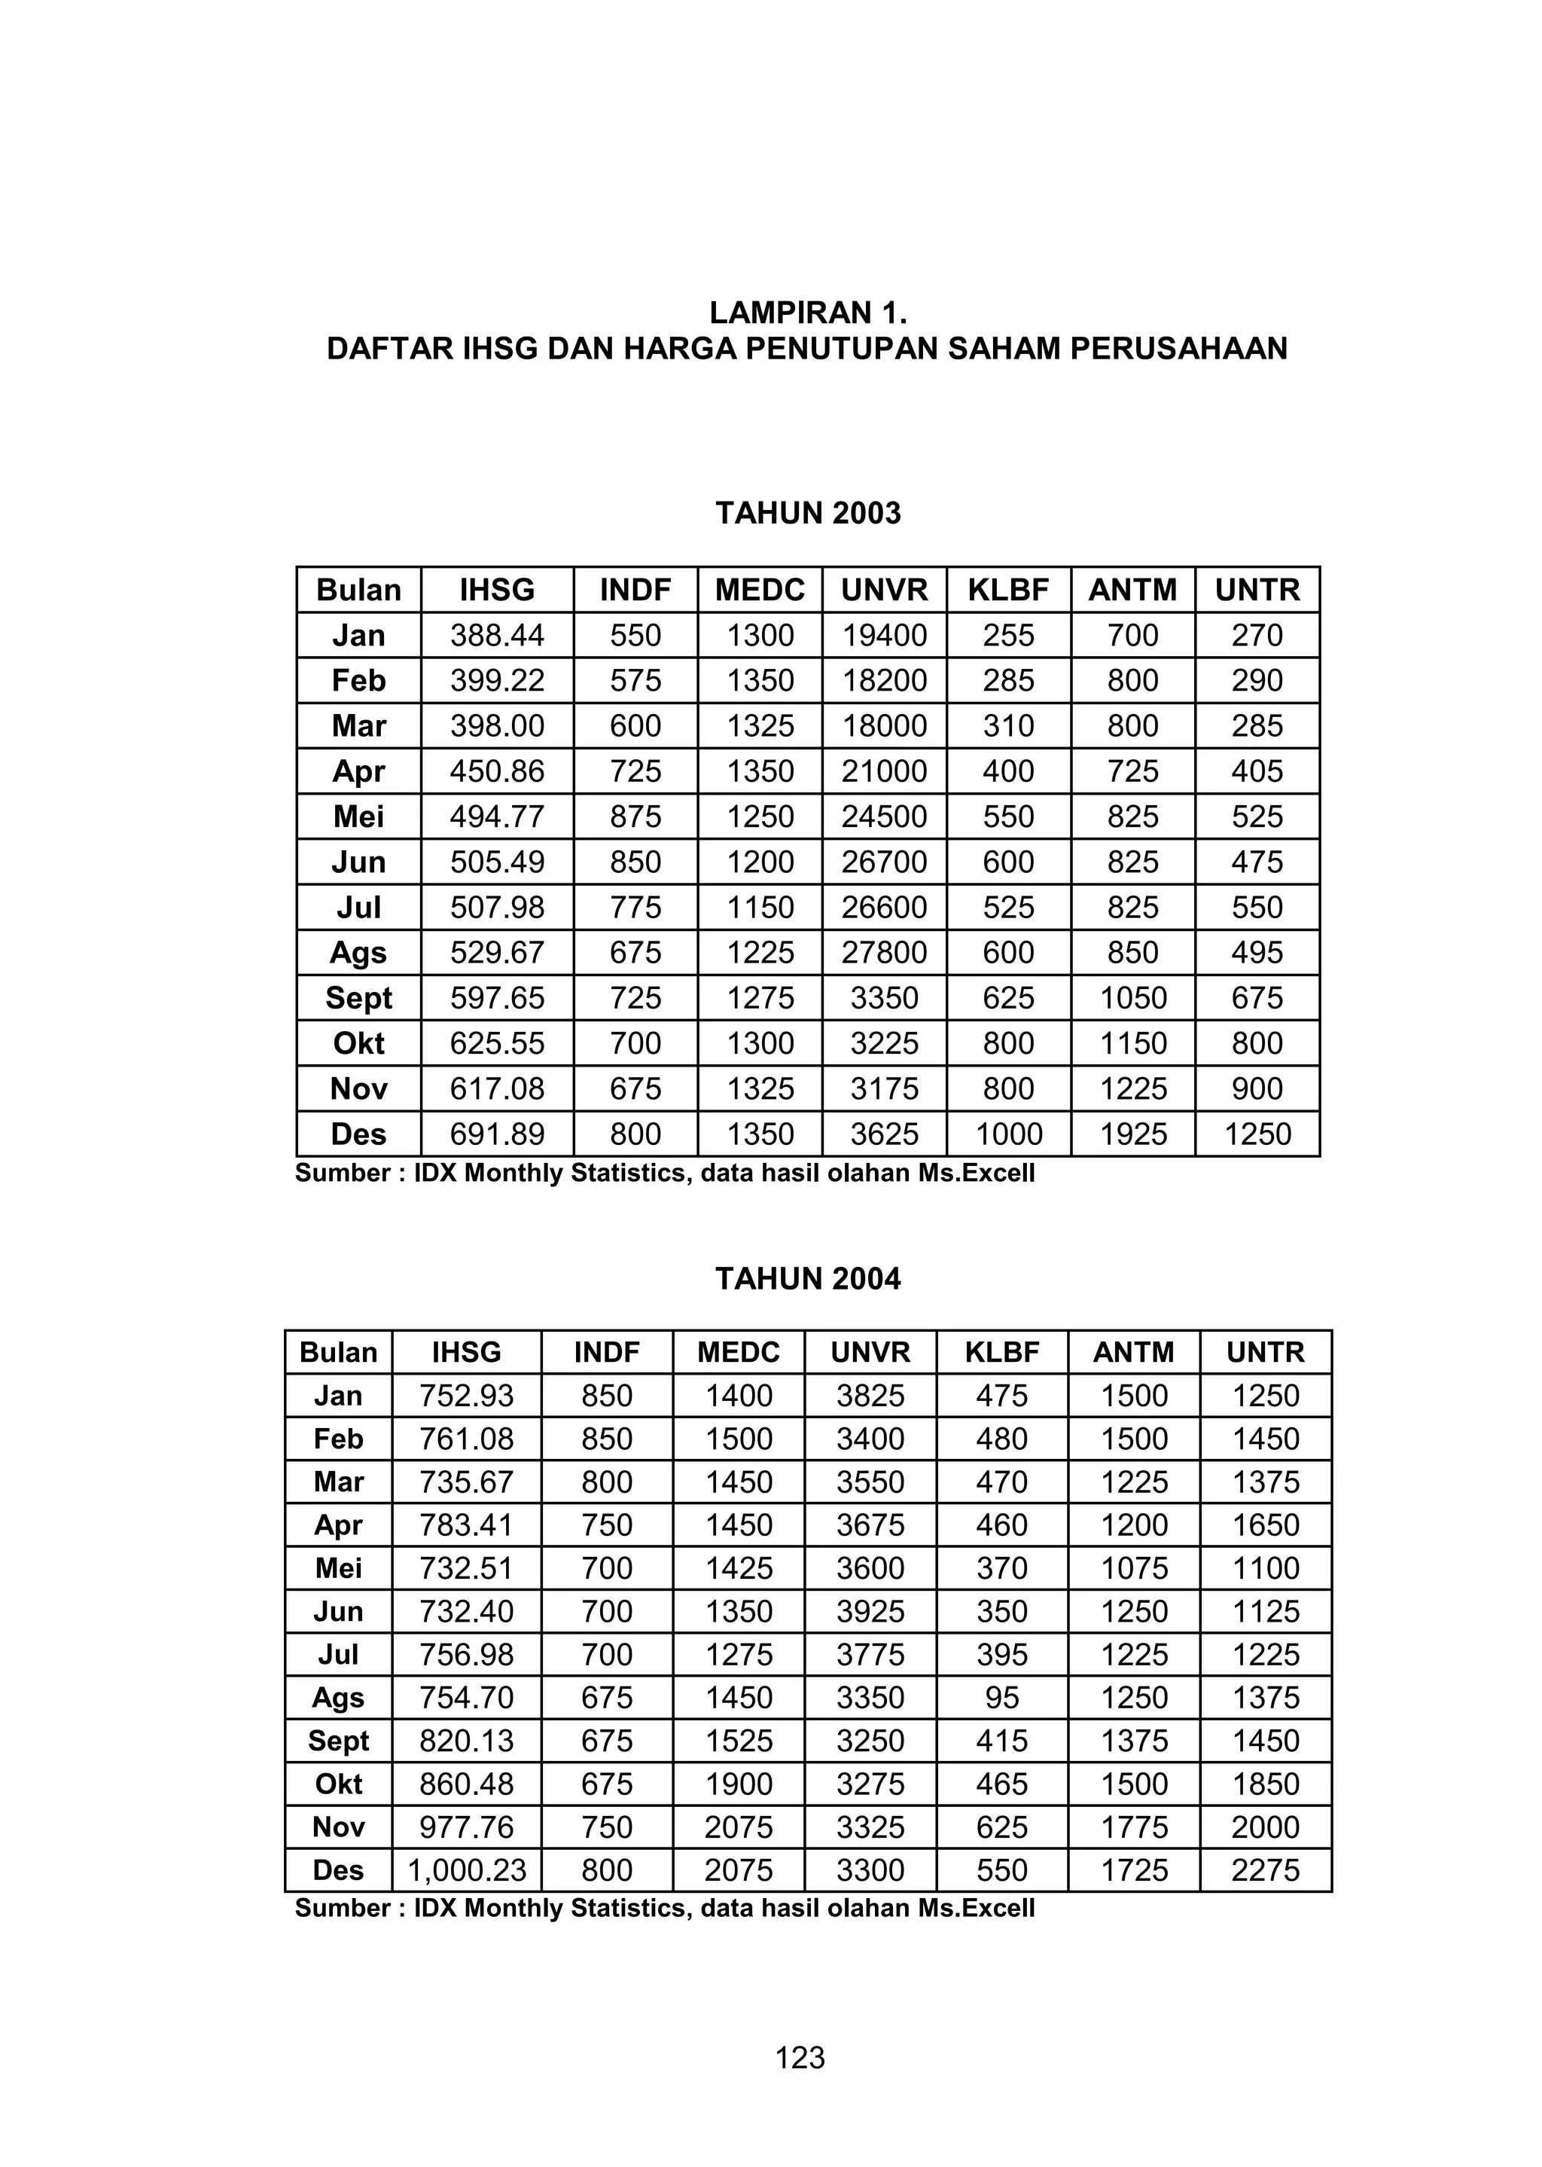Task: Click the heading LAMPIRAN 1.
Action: point(808,313)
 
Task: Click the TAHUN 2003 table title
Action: point(808,514)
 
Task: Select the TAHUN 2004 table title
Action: point(808,1279)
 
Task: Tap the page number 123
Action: point(800,2058)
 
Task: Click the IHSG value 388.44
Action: point(497,635)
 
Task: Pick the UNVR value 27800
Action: point(884,953)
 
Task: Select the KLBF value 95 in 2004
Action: point(1001,1697)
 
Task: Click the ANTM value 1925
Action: point(1132,1134)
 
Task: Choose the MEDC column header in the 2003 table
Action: point(760,590)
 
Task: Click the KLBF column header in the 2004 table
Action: point(1001,1352)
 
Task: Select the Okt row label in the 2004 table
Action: point(338,1784)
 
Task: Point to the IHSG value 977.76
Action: point(466,1827)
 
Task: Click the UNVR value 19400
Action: point(884,635)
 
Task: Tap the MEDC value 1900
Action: point(739,1784)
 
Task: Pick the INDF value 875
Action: point(635,816)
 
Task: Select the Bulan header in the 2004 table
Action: point(338,1352)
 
